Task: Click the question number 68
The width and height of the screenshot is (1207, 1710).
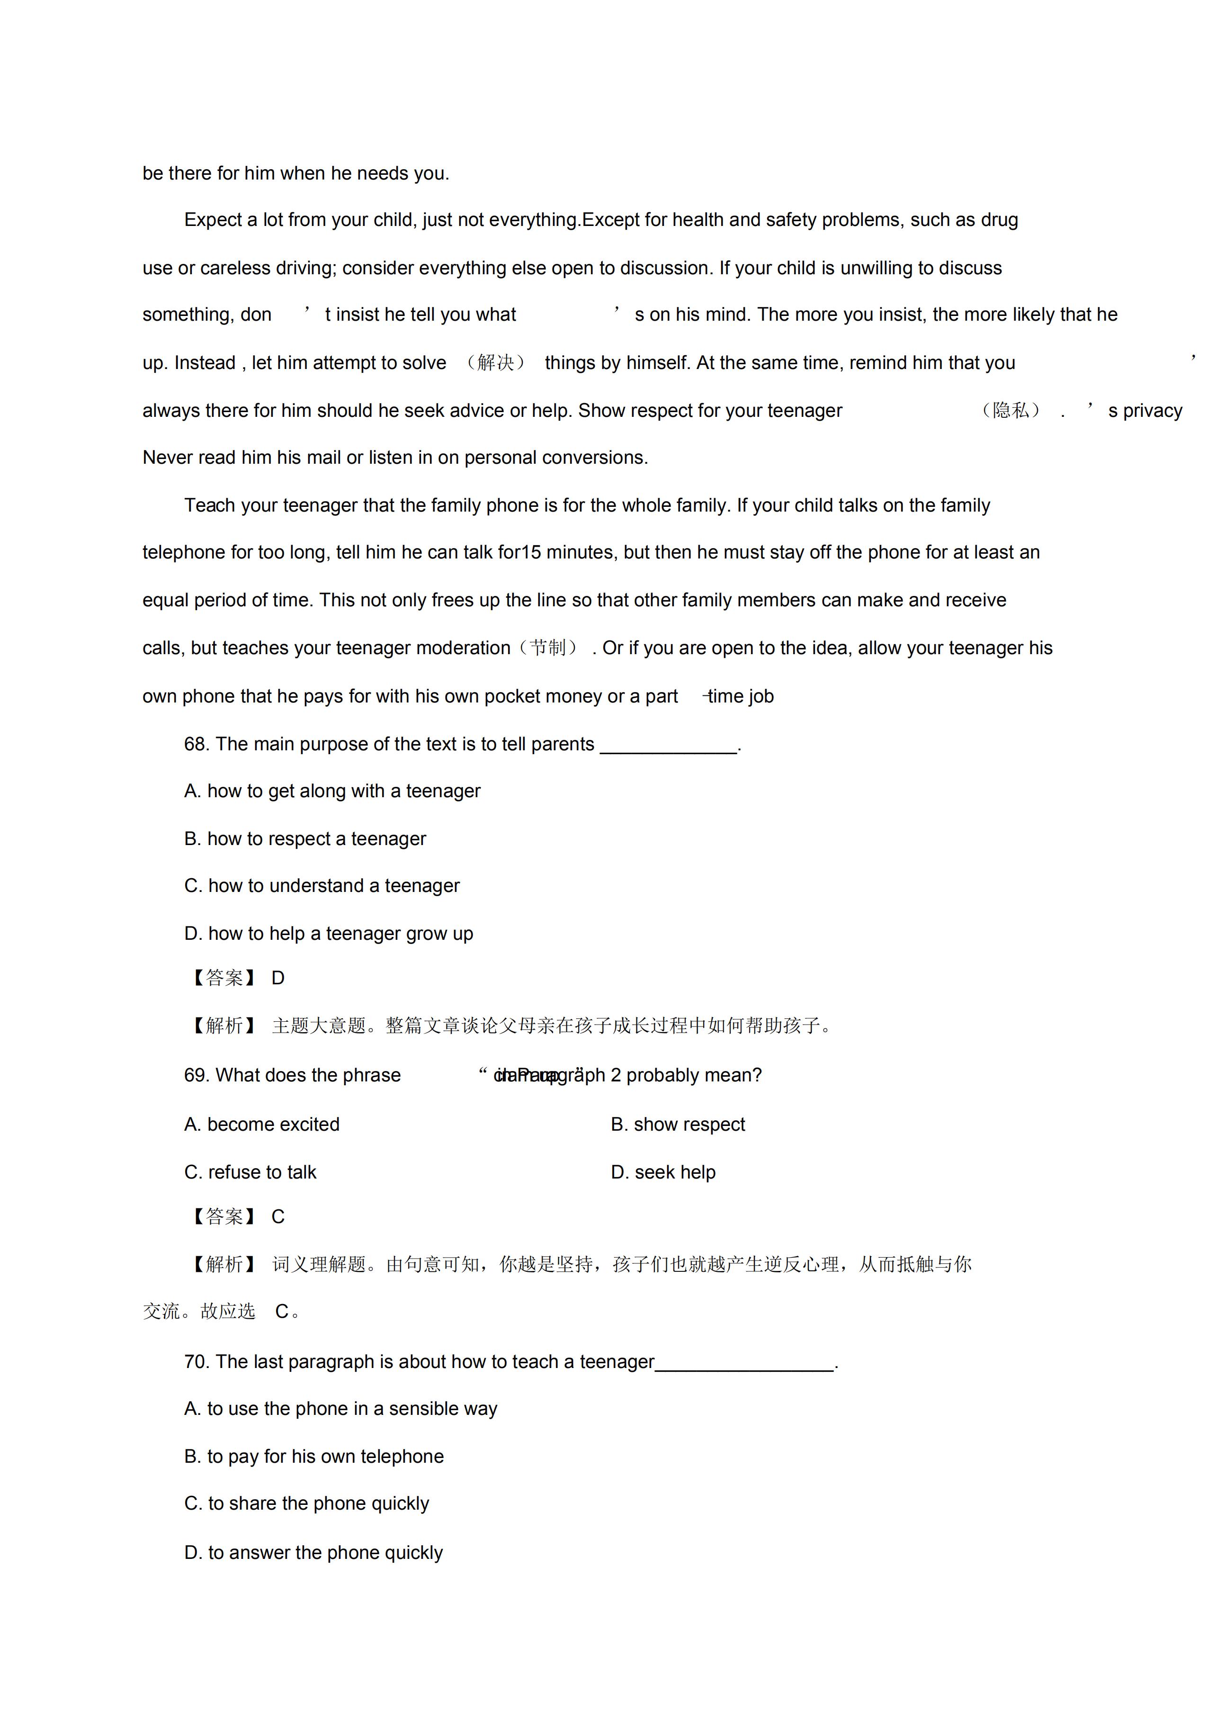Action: [197, 744]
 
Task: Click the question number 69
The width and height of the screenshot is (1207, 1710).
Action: [197, 1075]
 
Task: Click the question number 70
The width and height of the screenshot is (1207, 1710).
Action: [197, 1362]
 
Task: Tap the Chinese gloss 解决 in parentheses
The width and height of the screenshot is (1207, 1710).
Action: [495, 363]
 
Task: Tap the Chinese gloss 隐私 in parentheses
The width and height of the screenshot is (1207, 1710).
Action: [1010, 410]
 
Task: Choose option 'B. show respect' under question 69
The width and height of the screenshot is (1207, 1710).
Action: [678, 1125]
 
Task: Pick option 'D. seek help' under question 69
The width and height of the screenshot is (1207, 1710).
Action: [663, 1172]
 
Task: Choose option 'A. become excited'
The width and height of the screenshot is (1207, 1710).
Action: [261, 1125]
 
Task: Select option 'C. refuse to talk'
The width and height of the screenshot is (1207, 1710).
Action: [250, 1172]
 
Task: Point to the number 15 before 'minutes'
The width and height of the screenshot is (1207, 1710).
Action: [531, 553]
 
